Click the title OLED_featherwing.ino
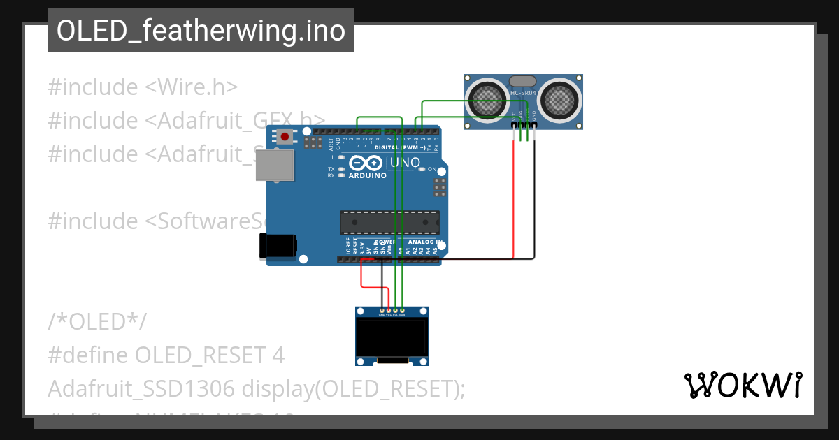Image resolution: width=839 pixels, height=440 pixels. click(x=201, y=31)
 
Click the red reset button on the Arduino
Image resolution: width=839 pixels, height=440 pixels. click(x=285, y=137)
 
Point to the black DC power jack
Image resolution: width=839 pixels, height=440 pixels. click(x=277, y=246)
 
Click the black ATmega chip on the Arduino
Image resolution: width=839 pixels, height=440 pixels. click(x=389, y=222)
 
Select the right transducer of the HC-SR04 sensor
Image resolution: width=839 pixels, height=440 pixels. click(x=560, y=99)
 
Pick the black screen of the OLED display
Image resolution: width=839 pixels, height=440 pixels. click(x=392, y=337)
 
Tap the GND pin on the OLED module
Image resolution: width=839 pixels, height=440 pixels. click(x=382, y=310)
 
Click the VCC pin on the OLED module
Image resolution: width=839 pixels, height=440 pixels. click(x=389, y=310)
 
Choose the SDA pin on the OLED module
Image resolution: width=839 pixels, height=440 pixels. click(x=402, y=310)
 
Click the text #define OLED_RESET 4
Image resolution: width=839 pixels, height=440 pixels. click(x=166, y=355)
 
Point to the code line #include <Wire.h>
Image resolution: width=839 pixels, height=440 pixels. click(x=143, y=87)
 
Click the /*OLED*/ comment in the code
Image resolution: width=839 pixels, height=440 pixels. click(x=97, y=322)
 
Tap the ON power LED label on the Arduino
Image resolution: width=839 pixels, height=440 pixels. click(x=431, y=170)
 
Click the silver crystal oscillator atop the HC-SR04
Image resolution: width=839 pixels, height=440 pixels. click(x=524, y=82)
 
